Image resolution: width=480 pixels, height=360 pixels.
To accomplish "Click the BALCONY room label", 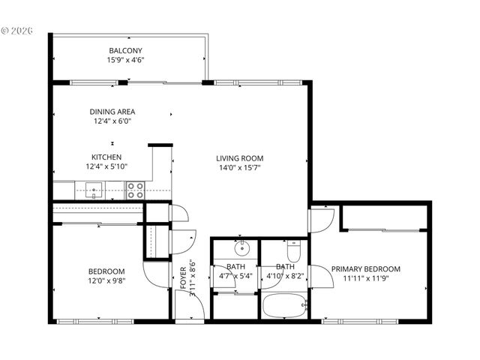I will [x=126, y=51].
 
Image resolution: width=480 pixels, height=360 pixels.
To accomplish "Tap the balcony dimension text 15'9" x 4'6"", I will [x=126, y=61].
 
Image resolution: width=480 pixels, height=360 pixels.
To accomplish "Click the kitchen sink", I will [x=94, y=190].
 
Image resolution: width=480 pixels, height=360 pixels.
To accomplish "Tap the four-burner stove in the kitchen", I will [x=135, y=190].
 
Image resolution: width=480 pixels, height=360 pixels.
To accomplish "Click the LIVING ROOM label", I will [x=240, y=158].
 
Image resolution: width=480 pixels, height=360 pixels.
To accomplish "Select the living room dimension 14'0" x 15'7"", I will [x=240, y=168].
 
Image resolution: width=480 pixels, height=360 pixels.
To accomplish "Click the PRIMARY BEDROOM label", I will [x=366, y=268].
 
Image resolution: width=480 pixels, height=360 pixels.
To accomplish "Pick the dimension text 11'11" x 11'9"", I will [x=366, y=278].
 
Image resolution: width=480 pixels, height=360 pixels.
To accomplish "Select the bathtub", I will [x=283, y=307].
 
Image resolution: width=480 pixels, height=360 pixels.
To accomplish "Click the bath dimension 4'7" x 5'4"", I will [x=235, y=275].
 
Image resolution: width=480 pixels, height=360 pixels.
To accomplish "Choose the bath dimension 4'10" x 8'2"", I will [x=284, y=275].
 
